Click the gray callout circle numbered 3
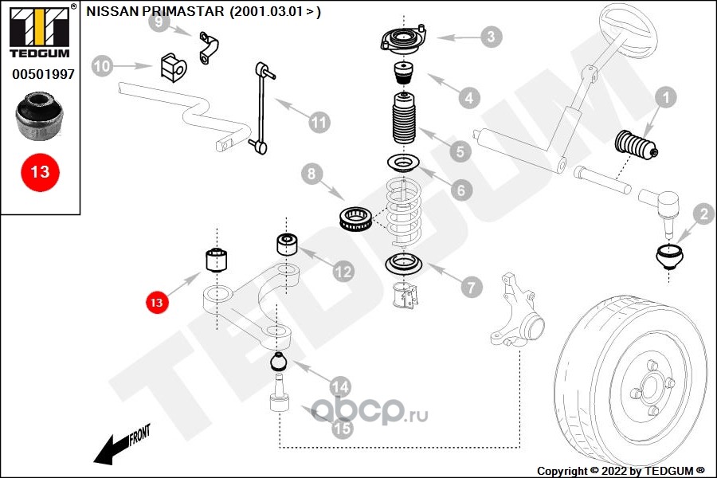(491, 37)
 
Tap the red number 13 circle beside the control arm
(156, 303)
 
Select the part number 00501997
(44, 74)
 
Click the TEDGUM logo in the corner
(40, 32)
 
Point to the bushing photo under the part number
(39, 116)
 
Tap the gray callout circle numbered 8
(311, 174)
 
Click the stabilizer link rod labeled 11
(262, 108)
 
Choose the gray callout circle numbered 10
(102, 66)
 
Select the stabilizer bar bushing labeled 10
(174, 68)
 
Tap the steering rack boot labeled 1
(636, 145)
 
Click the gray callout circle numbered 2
(703, 214)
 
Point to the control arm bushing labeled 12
(288, 245)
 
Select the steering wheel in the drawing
(628, 30)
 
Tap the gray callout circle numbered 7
(472, 288)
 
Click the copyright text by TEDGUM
(621, 471)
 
